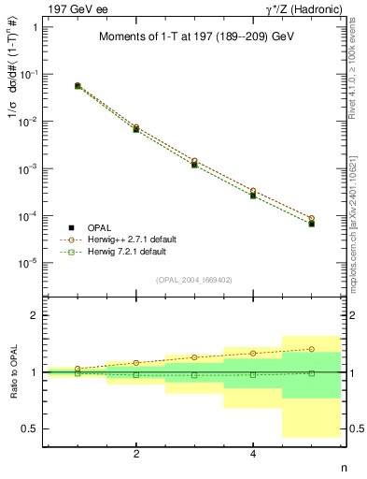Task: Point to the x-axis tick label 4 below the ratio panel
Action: [253, 453]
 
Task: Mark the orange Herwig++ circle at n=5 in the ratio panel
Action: [311, 349]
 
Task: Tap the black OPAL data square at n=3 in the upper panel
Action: [194, 164]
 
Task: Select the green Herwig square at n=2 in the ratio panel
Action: [136, 375]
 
